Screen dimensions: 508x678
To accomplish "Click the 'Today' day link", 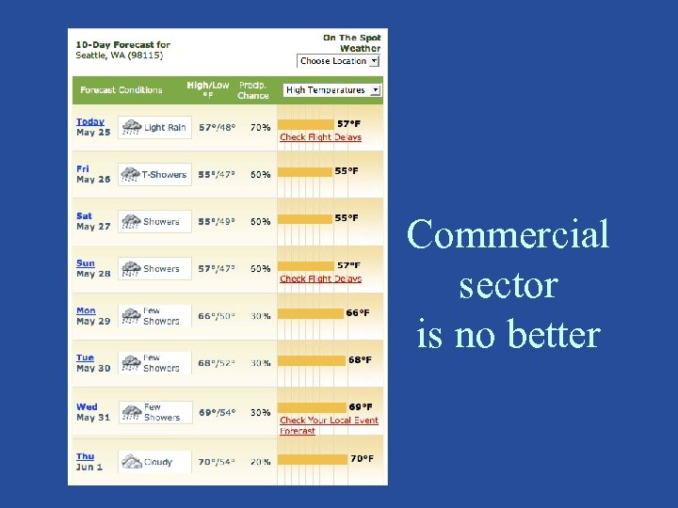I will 90,122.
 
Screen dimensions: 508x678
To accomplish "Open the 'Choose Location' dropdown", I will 338,61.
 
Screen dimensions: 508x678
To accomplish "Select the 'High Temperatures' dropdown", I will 331,90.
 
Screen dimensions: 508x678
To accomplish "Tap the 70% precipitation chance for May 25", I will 261,127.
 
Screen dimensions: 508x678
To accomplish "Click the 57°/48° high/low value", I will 218,127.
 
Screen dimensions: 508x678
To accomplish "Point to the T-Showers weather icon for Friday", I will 131,174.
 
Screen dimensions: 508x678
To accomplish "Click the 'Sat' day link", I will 84,216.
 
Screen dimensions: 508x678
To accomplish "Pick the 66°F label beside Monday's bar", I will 358,312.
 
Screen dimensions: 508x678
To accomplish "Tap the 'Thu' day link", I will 85,456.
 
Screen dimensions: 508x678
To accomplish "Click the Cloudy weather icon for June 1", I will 131,462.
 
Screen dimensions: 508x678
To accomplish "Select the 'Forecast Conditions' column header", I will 121,90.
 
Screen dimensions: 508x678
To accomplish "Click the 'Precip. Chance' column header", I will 253,90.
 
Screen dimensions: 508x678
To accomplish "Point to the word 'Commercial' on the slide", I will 508,234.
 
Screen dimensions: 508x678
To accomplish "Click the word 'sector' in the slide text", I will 508,284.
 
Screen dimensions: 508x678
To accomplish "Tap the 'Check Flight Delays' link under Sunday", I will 320,278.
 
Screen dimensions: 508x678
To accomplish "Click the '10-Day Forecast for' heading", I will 123,44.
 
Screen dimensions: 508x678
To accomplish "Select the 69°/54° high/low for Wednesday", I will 218,412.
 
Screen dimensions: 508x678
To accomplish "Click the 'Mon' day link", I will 86,310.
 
